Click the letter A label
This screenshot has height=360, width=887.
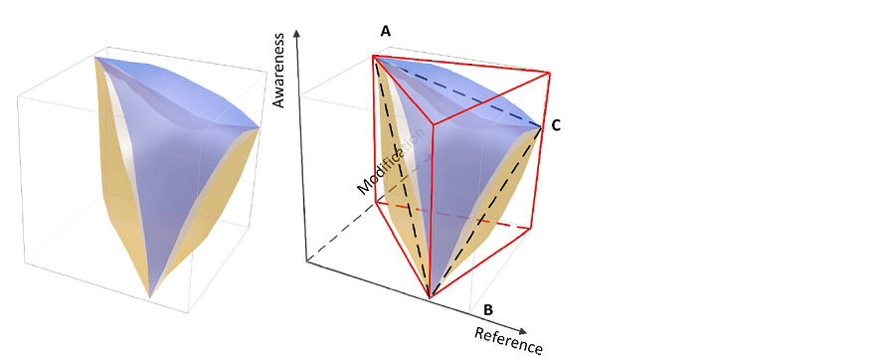385,32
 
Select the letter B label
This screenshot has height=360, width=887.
488,308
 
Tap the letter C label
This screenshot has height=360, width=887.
556,125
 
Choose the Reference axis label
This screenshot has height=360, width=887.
508,339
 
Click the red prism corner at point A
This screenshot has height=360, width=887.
374,57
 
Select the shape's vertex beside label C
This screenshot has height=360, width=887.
541,127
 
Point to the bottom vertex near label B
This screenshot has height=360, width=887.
429,296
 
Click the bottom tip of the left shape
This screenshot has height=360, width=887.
149,296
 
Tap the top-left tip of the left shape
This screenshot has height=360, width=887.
95,58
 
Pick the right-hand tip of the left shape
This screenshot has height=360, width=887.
261,127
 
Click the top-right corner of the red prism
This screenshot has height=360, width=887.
549,72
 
